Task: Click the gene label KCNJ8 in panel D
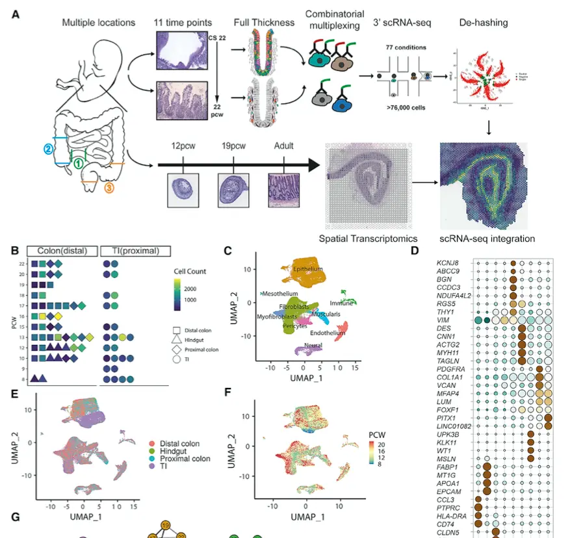449,263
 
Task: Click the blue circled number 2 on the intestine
48,149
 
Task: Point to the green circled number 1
78,163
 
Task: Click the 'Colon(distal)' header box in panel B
62,251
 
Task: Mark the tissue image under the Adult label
284,189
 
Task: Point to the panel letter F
227,392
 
